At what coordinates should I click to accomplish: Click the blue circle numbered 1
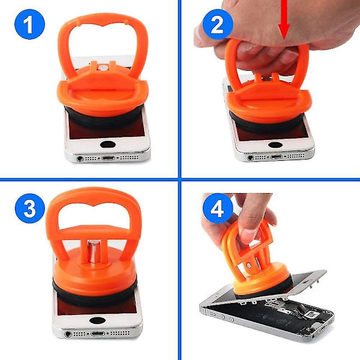[29, 24]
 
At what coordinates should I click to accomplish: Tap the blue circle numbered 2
[218, 24]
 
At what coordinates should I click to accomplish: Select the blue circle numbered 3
[30, 208]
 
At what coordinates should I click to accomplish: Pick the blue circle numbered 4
[218, 208]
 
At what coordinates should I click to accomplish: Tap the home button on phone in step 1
[107, 145]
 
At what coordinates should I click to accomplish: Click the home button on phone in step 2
[275, 145]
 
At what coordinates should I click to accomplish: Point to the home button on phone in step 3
[97, 320]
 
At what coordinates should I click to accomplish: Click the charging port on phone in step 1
[108, 158]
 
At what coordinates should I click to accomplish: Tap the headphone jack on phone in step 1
[80, 158]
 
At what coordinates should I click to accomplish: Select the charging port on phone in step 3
[98, 334]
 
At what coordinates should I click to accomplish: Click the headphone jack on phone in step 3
[68, 334]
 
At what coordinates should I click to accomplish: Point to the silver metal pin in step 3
[94, 251]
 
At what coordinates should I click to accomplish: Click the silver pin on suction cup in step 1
[103, 68]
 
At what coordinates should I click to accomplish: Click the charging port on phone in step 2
[277, 157]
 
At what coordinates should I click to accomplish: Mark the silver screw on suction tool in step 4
[249, 265]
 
